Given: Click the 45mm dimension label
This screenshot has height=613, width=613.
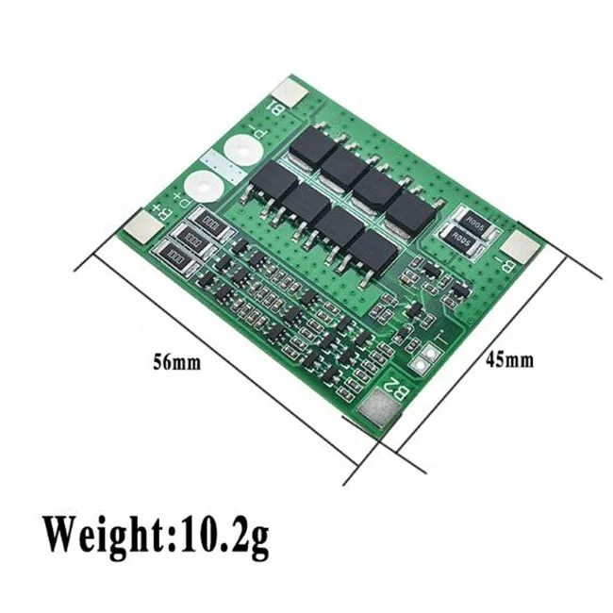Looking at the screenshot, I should (x=510, y=359).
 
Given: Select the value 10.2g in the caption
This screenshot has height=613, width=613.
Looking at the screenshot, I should (x=221, y=535).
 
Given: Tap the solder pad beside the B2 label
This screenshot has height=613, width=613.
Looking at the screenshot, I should (x=375, y=411).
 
